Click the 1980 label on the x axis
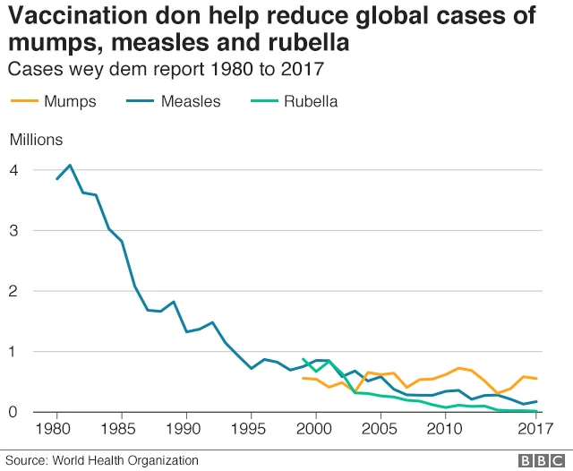[x=57, y=429]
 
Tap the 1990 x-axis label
[x=186, y=429]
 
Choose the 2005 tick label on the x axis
[x=381, y=429]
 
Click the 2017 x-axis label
[x=535, y=429]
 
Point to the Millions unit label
[x=36, y=139]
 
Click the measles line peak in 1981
[x=70, y=165]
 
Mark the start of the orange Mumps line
[x=304, y=378]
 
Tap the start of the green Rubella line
[x=304, y=359]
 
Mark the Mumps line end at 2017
[x=536, y=379]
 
